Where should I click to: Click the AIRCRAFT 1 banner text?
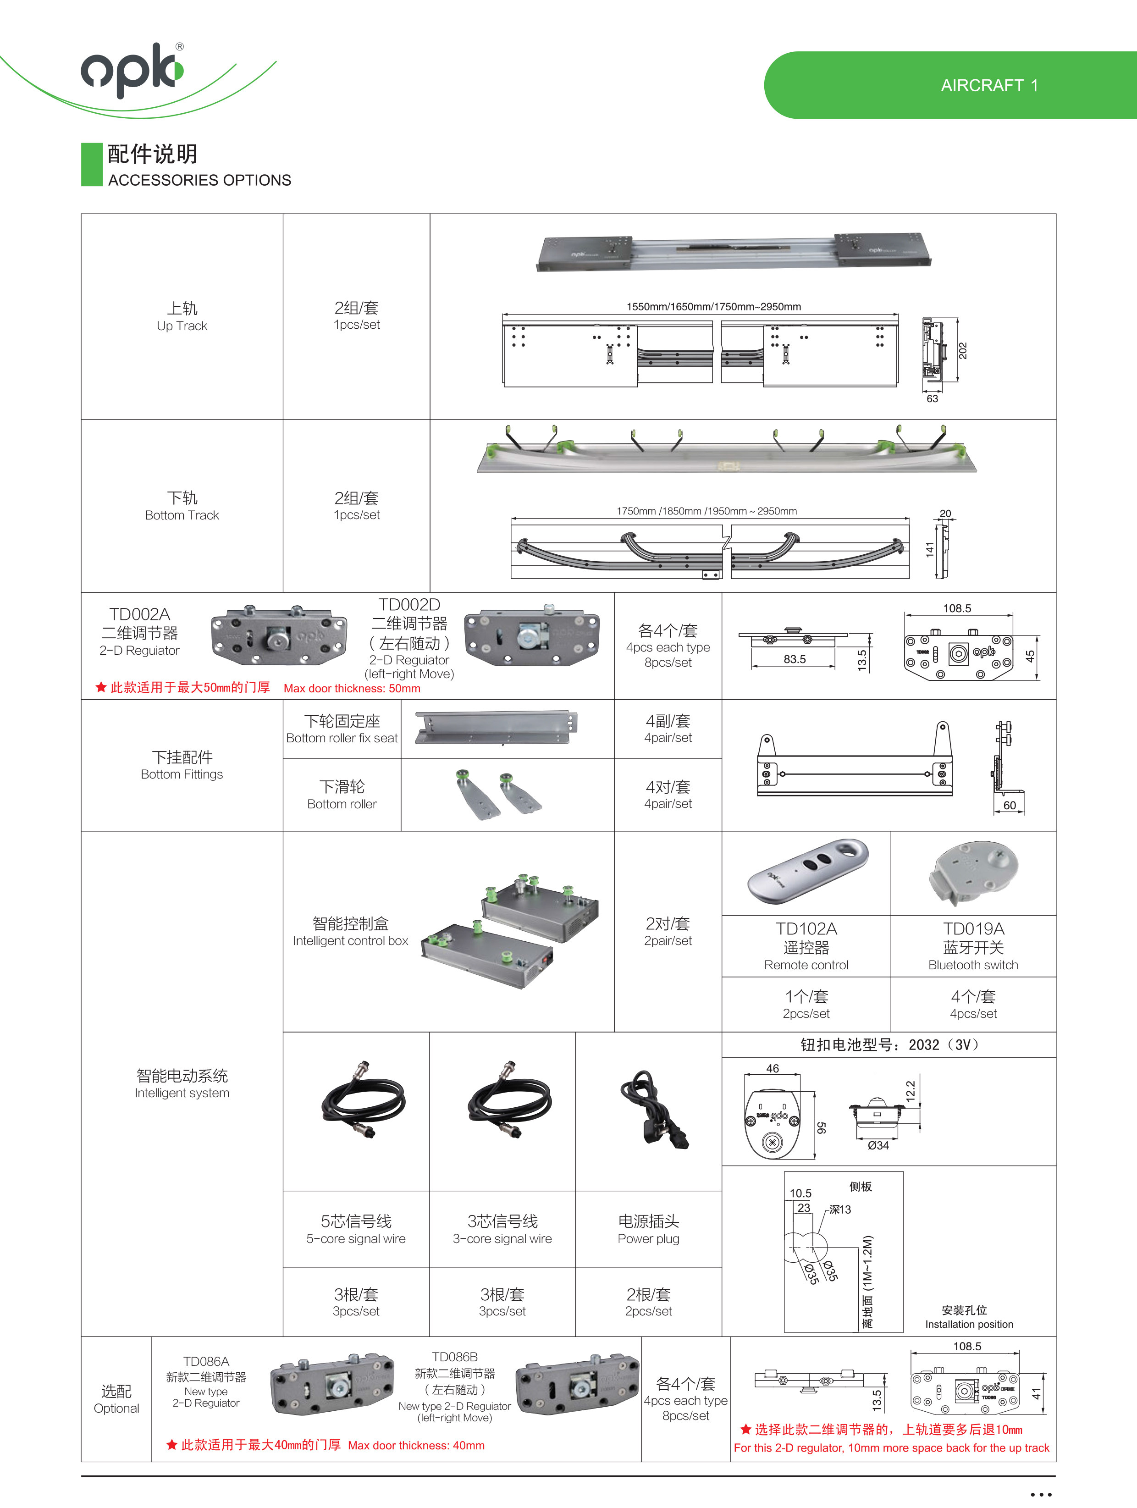989,86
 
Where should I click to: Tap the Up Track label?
182,326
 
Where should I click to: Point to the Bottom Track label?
182,515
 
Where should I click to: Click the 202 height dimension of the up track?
962,350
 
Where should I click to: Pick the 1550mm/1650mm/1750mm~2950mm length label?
714,307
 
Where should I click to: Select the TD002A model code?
140,614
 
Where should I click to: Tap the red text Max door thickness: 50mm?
352,689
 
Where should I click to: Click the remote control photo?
808,871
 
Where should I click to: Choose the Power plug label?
648,1239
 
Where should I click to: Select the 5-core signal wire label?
356,1239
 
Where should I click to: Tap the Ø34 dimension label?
878,1145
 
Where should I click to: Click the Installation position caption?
969,1324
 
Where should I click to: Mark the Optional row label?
116,1409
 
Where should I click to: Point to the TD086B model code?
455,1357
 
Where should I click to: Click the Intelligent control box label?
350,941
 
